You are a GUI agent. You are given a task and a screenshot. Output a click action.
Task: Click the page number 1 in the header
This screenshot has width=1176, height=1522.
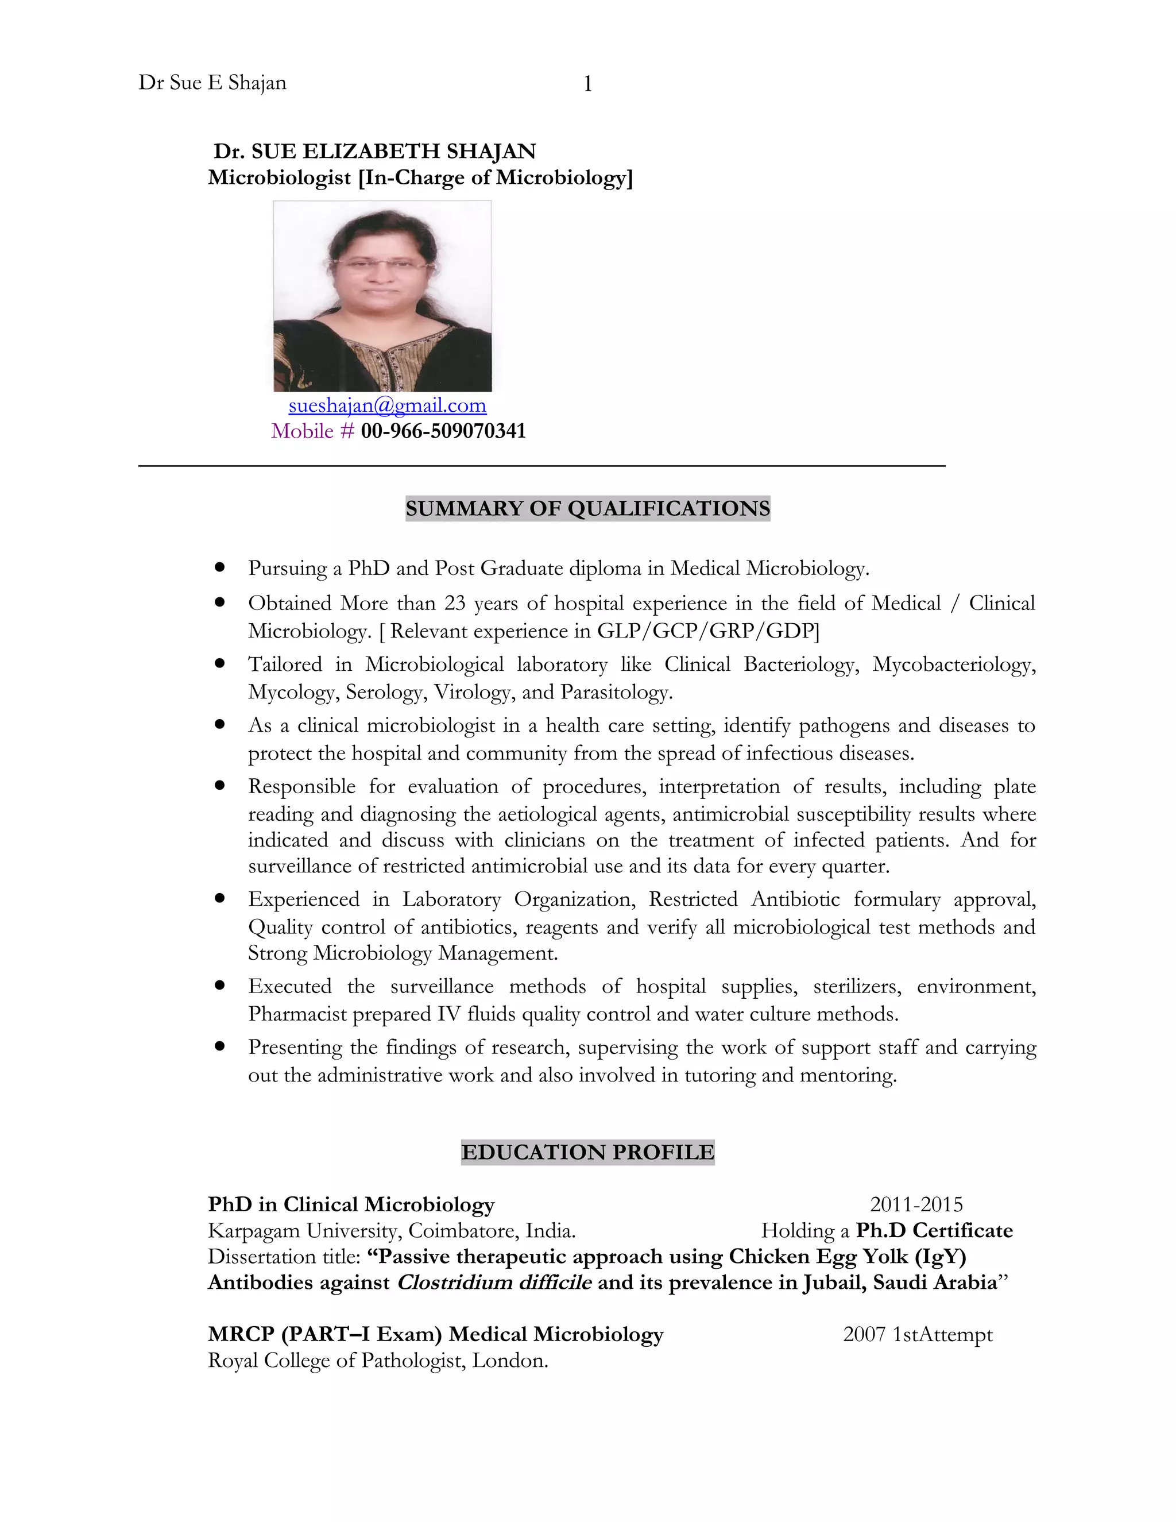coord(587,84)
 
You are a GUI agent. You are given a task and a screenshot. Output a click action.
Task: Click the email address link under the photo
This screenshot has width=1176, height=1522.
coord(388,405)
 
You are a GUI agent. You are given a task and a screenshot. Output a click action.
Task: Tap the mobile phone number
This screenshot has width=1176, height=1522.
coord(443,431)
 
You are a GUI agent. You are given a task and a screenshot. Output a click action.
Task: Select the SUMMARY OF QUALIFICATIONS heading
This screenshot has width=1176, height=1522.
coord(587,508)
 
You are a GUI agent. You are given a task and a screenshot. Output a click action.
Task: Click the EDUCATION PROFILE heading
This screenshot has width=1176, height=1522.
coord(587,1152)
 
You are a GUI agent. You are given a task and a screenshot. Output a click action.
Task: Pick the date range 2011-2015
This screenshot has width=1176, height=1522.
coord(916,1204)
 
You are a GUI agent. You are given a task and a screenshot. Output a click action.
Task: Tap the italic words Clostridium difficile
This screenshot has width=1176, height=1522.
coord(494,1283)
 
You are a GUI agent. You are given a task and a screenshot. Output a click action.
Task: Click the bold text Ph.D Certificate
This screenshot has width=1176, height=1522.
coord(934,1230)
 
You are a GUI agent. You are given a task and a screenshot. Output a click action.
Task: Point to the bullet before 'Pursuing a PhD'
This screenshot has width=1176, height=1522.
coord(220,567)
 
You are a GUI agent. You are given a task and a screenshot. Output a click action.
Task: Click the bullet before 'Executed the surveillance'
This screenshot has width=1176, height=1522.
coord(220,986)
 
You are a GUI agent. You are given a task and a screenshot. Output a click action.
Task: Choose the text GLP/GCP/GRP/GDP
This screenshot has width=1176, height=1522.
coord(708,631)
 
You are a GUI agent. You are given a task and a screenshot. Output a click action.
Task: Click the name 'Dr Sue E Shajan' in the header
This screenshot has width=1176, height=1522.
coord(212,83)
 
